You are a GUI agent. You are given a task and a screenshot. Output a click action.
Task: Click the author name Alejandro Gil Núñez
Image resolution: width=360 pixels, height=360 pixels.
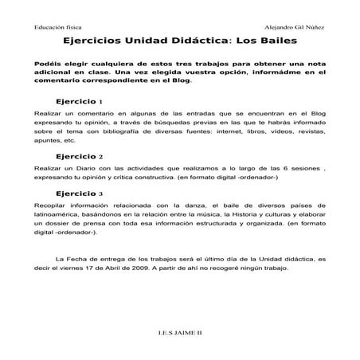[x=299, y=26]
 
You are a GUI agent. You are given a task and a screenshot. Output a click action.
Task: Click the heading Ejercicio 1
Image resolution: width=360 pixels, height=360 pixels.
[x=79, y=103]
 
